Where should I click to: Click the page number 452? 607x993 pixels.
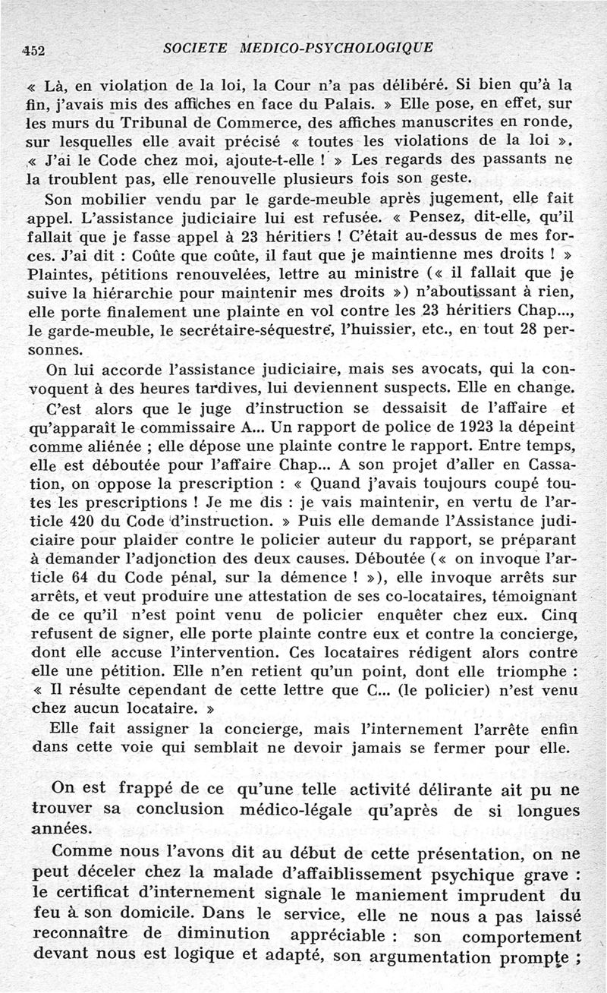coord(34,50)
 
